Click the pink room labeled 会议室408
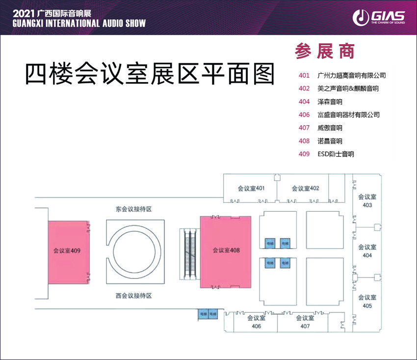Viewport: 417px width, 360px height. [x=226, y=250]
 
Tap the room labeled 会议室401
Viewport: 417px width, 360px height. [x=251, y=189]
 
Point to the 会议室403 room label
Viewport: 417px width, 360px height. [x=367, y=200]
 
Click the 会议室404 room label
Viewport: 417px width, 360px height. [x=367, y=251]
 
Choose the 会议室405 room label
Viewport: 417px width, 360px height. [x=367, y=302]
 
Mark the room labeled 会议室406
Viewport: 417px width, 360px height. [x=256, y=322]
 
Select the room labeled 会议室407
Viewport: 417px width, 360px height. [x=305, y=322]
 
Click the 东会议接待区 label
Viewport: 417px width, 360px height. [x=133, y=209]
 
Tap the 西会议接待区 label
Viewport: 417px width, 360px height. [x=133, y=296]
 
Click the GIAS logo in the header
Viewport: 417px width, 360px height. [x=378, y=18]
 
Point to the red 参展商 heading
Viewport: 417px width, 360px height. [x=325, y=51]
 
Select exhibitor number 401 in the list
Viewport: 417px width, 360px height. [x=304, y=76]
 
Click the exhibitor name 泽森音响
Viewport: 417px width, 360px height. [x=330, y=102]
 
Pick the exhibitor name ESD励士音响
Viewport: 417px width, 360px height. [x=336, y=154]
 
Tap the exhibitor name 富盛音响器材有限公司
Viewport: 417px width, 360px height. [x=348, y=115]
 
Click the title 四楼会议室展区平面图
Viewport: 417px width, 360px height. [x=150, y=75]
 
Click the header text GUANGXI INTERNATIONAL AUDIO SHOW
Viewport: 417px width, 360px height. [x=73, y=24]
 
